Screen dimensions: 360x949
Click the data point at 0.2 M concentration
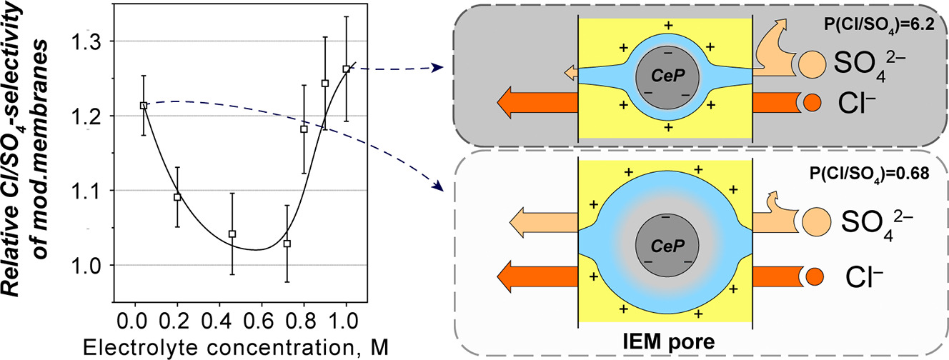[x=178, y=196]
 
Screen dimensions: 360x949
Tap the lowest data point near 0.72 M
[x=287, y=244]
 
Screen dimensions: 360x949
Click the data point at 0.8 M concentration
[x=304, y=130]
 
